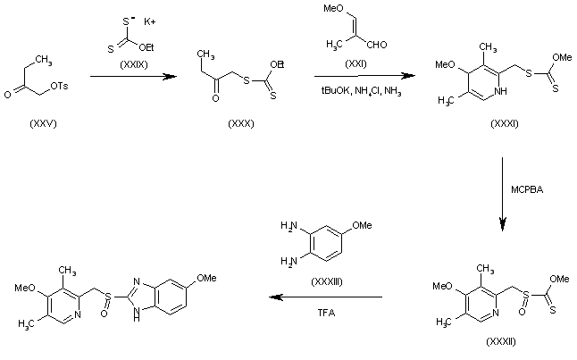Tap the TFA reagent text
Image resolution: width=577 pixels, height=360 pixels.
click(327, 314)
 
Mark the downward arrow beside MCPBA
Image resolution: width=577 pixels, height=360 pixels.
click(503, 193)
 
